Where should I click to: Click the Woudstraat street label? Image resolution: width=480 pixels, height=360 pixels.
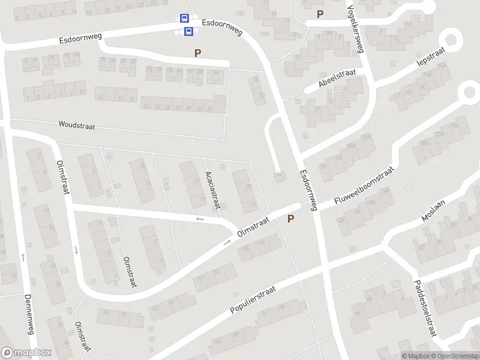tap(76, 125)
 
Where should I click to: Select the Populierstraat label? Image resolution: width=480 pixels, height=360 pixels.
tap(253, 300)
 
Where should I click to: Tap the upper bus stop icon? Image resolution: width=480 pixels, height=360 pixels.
tap(184, 19)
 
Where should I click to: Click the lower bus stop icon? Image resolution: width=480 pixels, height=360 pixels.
tap(188, 31)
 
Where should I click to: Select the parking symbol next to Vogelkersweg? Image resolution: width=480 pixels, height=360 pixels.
tap(320, 14)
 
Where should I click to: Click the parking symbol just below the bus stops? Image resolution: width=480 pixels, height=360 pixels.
tap(197, 53)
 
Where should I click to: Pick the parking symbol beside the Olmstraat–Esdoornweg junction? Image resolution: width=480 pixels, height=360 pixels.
tap(291, 219)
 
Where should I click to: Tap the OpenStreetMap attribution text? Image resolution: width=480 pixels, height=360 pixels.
tap(455, 356)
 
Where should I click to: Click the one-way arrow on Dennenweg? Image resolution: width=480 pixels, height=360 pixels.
tap(23, 257)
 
